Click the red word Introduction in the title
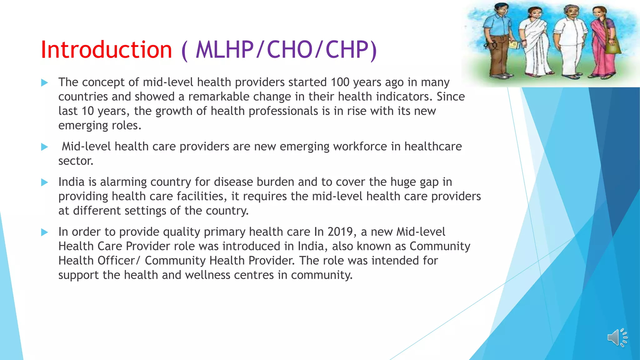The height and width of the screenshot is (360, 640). [x=106, y=50]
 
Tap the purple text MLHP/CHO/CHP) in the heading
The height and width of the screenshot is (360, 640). [x=286, y=50]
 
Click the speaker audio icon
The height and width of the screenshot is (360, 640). [x=617, y=337]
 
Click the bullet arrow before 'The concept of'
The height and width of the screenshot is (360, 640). [x=45, y=83]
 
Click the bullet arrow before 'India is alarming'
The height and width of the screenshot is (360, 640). [x=45, y=182]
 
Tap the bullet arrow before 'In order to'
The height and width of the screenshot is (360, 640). [x=45, y=232]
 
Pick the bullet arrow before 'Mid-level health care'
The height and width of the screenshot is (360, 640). [x=45, y=147]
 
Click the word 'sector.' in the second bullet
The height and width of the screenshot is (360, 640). [x=76, y=161]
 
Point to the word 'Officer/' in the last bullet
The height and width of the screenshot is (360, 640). [x=119, y=261]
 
